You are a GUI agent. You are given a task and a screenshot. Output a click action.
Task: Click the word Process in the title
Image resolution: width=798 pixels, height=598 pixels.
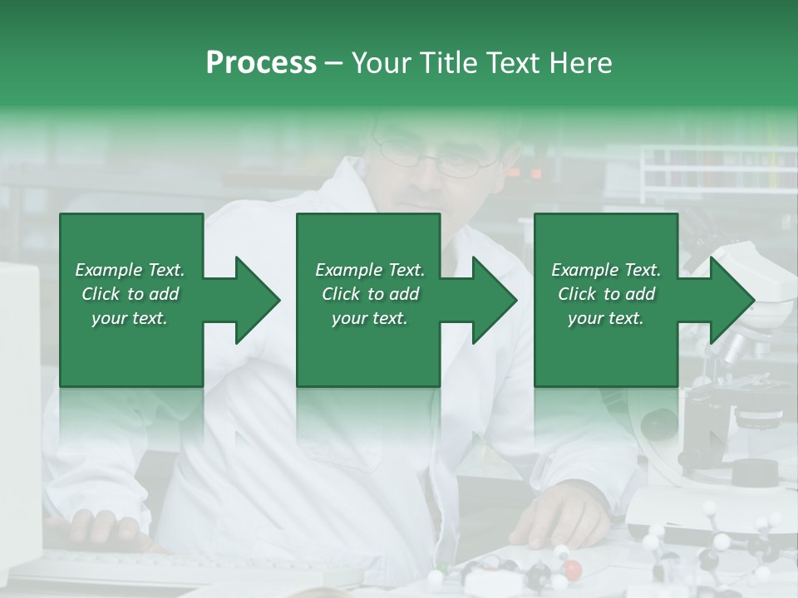[x=261, y=63]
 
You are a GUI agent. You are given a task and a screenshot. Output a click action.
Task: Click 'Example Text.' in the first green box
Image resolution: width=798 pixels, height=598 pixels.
[x=130, y=270]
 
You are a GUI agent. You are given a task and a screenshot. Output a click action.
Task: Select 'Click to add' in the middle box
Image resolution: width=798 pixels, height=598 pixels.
[x=370, y=294]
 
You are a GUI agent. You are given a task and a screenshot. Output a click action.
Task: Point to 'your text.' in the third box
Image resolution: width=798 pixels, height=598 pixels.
[x=606, y=318]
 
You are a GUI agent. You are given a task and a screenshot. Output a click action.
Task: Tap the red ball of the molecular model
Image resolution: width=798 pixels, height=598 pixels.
[x=573, y=569]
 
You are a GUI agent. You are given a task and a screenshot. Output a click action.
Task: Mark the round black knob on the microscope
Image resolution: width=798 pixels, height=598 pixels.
[x=658, y=424]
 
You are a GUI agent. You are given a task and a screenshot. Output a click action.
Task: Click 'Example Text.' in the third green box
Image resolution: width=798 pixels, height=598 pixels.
[x=606, y=270]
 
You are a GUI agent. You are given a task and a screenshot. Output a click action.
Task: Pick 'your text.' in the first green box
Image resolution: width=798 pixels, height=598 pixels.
[x=130, y=318]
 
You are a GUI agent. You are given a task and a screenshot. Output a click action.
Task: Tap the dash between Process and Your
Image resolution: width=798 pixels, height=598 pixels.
[x=333, y=63]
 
